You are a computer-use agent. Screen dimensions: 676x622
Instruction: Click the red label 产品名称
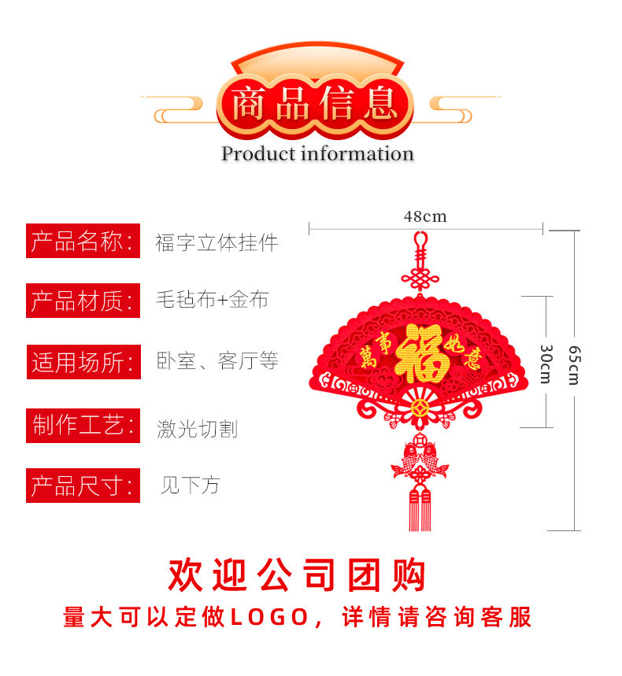click(83, 242)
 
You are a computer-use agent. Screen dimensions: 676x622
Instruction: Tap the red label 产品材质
click(83, 301)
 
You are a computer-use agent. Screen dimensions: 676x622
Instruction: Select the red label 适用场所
click(83, 362)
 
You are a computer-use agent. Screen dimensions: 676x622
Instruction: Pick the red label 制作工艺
click(83, 427)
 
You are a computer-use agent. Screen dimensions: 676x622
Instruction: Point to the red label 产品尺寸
click(83, 486)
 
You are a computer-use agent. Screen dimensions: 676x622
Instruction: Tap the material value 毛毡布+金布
click(212, 300)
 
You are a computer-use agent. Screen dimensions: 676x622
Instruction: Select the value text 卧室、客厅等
click(217, 362)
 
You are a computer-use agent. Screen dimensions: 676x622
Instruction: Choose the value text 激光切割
click(197, 429)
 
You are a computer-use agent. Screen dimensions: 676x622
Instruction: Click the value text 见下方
click(190, 486)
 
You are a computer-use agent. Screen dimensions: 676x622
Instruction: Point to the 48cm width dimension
click(425, 216)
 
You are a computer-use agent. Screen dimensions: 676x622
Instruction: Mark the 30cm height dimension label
click(546, 364)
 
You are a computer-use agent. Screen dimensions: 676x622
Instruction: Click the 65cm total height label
click(573, 365)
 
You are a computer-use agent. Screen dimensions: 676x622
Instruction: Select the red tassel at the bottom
click(420, 510)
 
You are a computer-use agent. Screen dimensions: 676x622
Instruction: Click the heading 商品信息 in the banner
click(315, 105)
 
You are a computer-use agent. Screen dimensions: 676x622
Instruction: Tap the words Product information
click(317, 154)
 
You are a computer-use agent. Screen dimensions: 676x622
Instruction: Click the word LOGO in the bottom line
click(269, 617)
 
